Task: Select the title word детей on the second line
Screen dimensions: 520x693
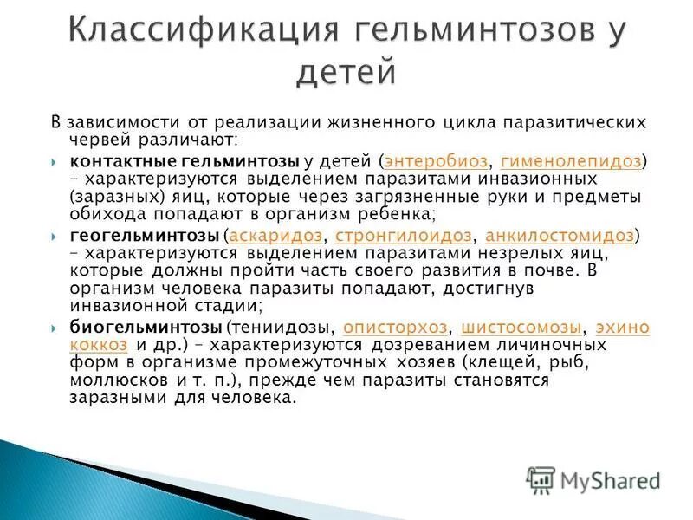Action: coord(346,71)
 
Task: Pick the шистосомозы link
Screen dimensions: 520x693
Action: coord(522,328)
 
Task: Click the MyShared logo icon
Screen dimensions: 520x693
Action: coord(541,479)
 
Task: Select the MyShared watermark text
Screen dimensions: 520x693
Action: coord(610,480)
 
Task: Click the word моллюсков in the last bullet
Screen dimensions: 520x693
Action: coord(108,380)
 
